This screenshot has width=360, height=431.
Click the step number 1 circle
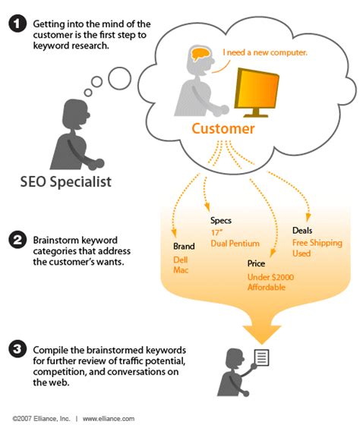[17, 25]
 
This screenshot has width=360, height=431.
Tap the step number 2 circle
[17, 241]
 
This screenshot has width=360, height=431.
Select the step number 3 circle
[17, 350]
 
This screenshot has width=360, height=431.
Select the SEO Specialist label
[66, 182]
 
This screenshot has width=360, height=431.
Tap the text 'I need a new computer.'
[264, 52]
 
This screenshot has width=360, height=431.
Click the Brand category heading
[184, 247]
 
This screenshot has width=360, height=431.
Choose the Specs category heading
[222, 220]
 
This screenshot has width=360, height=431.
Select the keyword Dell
[179, 260]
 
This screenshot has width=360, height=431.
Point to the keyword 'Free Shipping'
[317, 243]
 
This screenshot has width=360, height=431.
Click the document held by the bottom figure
[261, 357]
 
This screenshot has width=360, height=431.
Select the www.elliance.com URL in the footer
[109, 418]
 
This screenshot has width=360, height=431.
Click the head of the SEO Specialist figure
[75, 111]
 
